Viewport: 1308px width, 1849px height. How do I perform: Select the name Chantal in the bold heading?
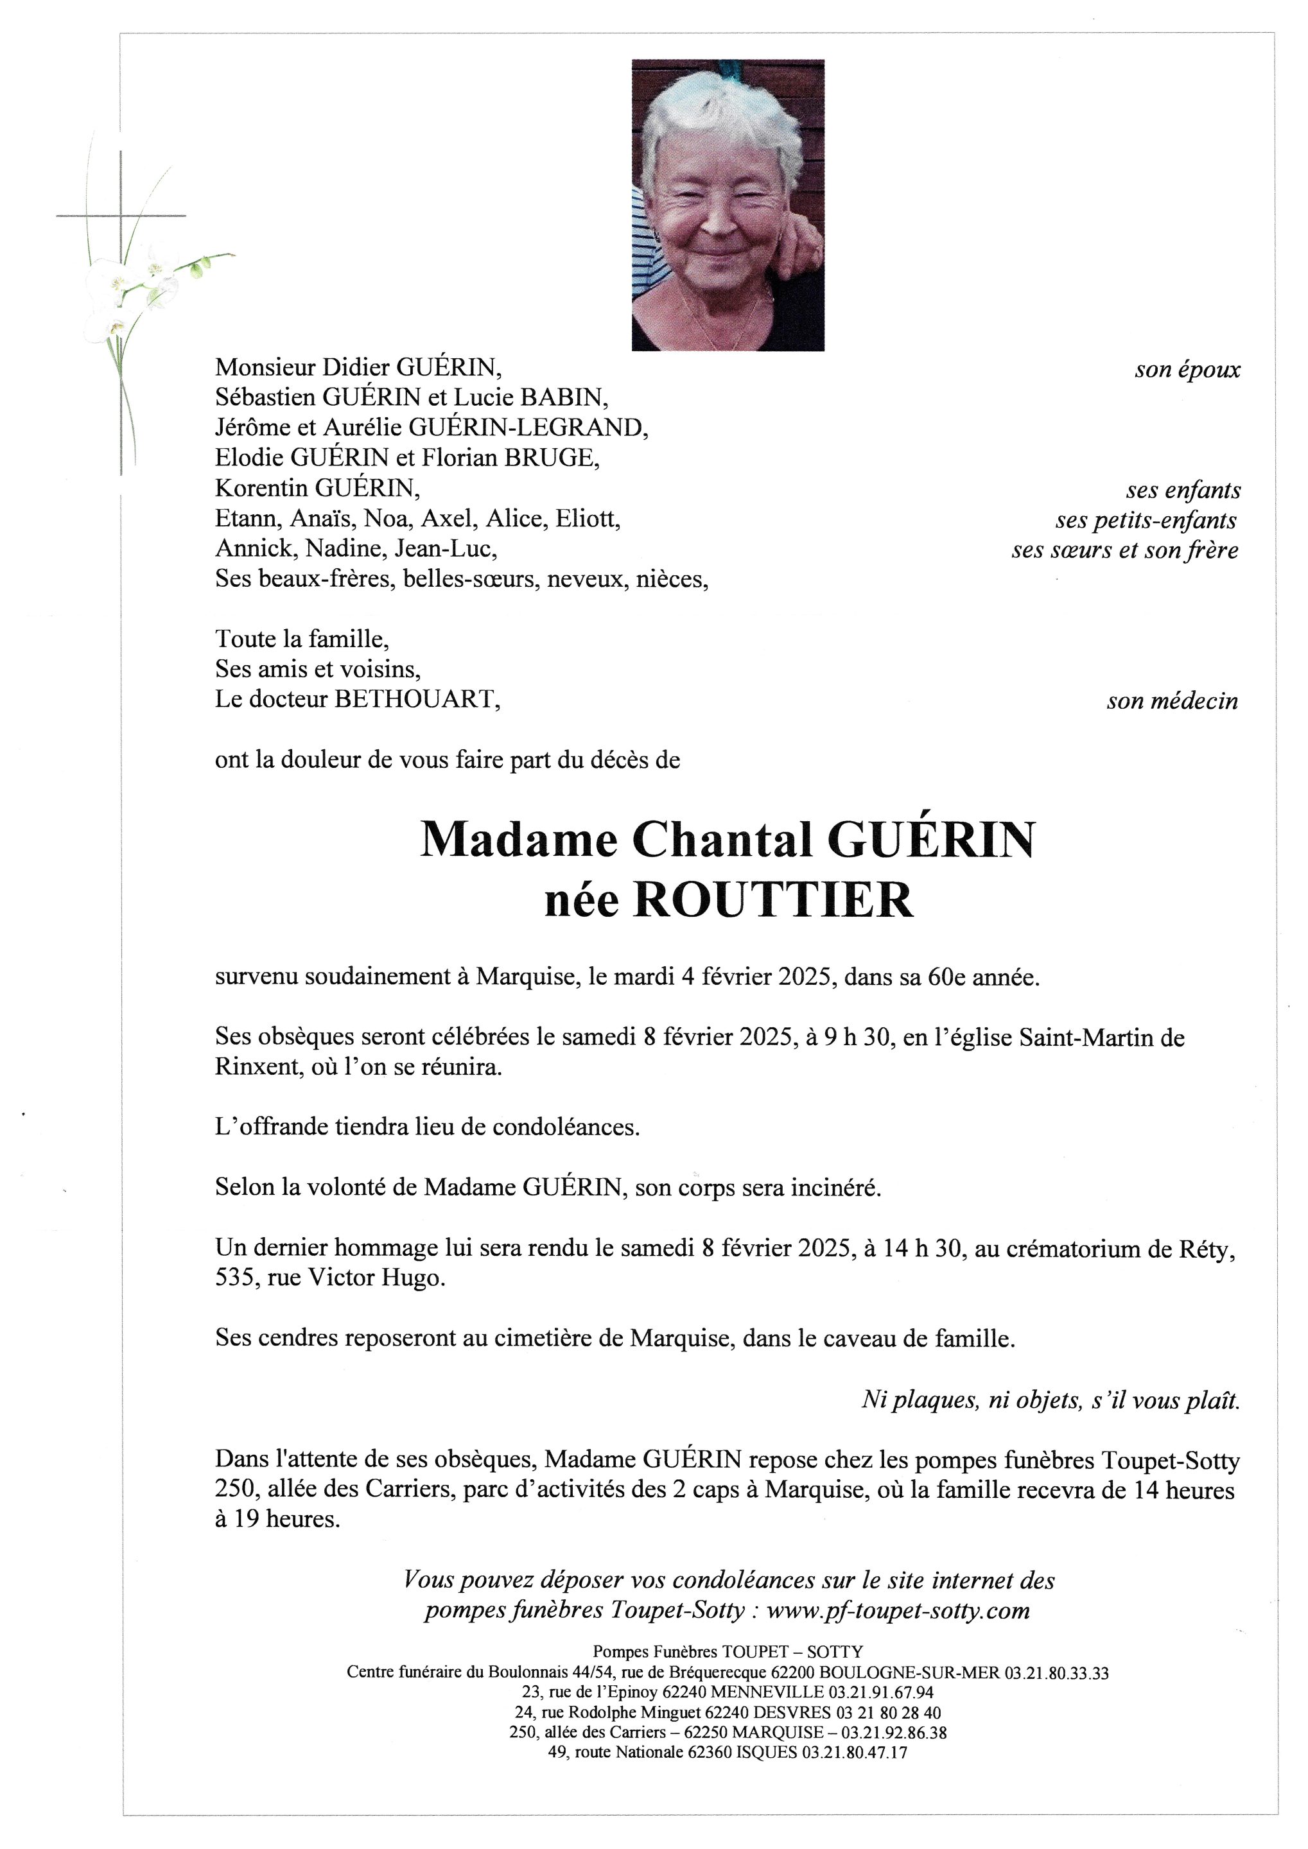[x=722, y=839]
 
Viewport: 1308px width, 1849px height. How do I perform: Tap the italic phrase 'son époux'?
[x=1187, y=370]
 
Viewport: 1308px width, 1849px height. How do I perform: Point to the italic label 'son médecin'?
[x=1172, y=702]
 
